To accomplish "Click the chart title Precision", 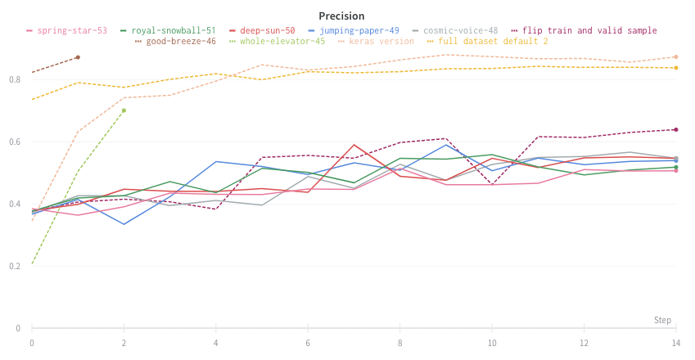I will click(x=342, y=16).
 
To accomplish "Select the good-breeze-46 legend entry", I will click(x=181, y=42).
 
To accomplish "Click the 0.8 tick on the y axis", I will click(x=16, y=79).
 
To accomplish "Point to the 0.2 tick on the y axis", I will click(x=16, y=266).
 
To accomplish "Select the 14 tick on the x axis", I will click(x=675, y=341).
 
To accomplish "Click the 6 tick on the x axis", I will click(x=308, y=341).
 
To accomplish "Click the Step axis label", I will click(x=662, y=320).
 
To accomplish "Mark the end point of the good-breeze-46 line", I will click(x=78, y=57).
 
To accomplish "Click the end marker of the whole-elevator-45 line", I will click(x=124, y=110).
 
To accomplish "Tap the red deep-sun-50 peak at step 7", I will click(x=354, y=145).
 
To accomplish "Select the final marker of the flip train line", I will click(x=675, y=129).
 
